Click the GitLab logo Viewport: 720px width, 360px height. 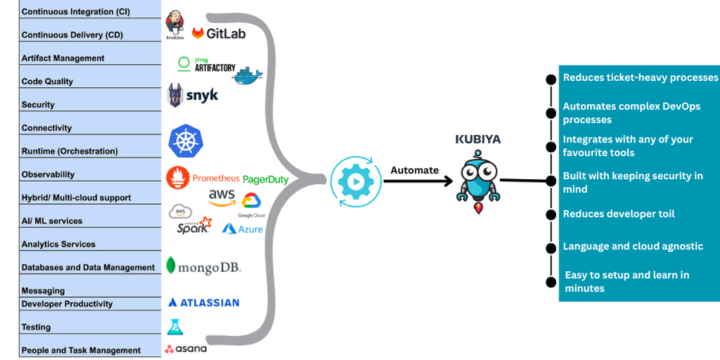click(x=218, y=34)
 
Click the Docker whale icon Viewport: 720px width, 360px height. click(x=247, y=75)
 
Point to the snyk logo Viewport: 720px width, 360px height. click(x=192, y=96)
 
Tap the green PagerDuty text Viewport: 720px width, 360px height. click(x=265, y=180)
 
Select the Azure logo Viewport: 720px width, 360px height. click(x=242, y=229)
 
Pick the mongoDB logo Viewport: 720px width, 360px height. click(x=203, y=266)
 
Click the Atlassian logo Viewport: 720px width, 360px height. click(x=203, y=302)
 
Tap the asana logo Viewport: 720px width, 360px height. click(x=186, y=348)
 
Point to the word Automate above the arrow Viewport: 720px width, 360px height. click(x=414, y=170)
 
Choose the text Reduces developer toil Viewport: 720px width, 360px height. click(x=618, y=214)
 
